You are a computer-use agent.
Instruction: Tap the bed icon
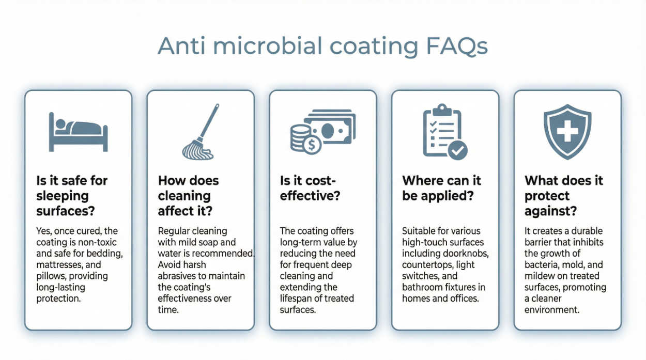78,132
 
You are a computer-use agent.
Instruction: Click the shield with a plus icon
567,132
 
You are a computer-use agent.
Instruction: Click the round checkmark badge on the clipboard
457,150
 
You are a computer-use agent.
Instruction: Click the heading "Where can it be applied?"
441,188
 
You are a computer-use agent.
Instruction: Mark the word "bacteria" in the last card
541,265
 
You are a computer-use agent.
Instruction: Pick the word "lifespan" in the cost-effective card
296,299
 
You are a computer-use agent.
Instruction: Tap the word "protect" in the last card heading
547,196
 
